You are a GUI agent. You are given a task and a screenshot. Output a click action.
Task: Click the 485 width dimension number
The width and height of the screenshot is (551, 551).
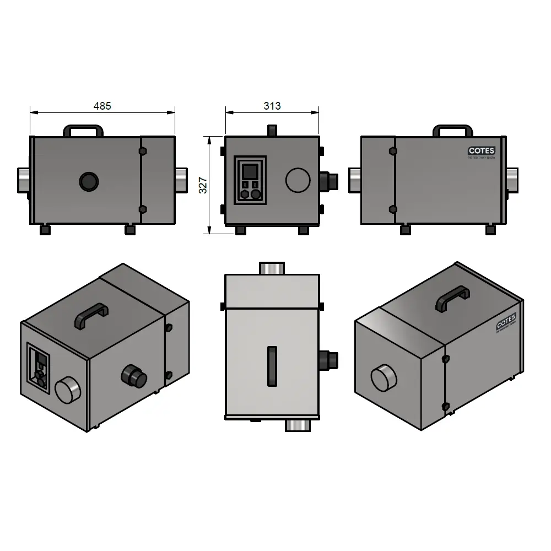tap(102, 106)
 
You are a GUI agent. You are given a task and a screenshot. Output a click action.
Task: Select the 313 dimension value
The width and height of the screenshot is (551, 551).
tap(272, 106)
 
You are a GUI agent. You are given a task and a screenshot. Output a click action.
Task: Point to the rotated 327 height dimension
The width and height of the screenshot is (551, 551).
tap(203, 185)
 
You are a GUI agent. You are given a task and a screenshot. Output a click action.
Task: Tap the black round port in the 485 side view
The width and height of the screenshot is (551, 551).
tap(88, 181)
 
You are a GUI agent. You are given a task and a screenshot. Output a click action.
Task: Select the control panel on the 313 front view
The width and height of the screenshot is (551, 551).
tap(250, 180)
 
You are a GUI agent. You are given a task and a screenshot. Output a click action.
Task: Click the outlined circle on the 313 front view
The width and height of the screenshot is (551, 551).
tap(298, 180)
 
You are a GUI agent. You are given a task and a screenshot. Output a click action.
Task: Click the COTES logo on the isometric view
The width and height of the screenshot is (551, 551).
tap(505, 323)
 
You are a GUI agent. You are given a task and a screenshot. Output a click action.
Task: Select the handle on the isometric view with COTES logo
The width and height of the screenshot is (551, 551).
tap(452, 298)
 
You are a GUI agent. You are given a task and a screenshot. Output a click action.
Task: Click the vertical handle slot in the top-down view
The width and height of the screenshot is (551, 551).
tap(272, 366)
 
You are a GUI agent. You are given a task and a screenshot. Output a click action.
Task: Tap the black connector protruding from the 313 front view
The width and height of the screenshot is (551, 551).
tap(329, 180)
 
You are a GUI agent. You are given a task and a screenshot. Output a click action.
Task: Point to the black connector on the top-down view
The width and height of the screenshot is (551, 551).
tap(329, 360)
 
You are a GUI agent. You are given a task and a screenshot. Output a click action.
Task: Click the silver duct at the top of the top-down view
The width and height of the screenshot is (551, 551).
tap(272, 268)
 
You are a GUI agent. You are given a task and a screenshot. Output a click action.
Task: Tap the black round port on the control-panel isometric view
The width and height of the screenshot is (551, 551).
tap(134, 376)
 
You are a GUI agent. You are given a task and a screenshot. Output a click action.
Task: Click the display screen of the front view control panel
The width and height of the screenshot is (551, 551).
tap(250, 171)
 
